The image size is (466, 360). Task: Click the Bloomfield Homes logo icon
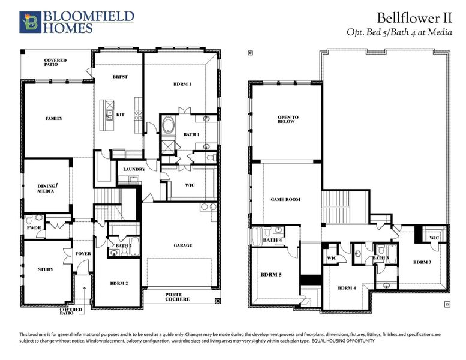pos(28,22)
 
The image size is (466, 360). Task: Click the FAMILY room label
pos(54,119)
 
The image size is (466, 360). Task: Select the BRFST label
pos(120,77)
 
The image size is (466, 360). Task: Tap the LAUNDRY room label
pos(134,170)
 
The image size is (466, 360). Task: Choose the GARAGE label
pos(183,245)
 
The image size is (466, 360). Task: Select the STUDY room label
pos(46,269)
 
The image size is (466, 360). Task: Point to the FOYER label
pos(83,254)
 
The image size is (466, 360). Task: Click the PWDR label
pos(33,228)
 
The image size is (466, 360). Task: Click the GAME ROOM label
pos(285,200)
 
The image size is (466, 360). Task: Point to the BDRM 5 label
pos(271,275)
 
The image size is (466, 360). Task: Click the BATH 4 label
pos(272,241)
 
